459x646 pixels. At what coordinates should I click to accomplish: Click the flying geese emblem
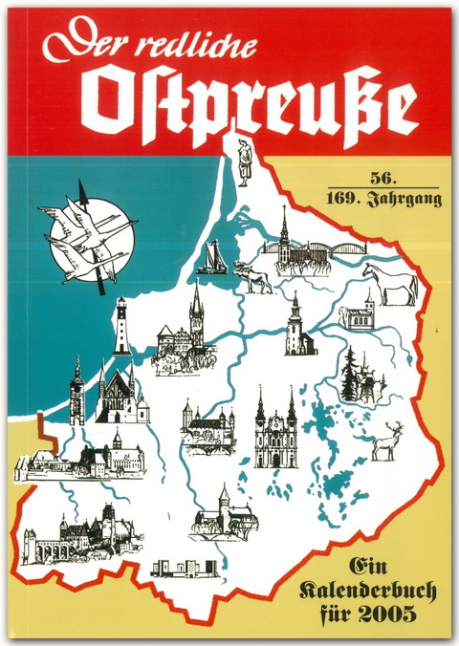87,236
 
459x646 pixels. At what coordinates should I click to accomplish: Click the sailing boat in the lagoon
212,259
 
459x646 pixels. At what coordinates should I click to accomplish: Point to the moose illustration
253,275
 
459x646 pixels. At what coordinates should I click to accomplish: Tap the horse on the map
391,284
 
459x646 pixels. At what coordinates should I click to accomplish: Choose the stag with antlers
387,441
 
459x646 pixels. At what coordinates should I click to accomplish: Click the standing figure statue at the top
244,164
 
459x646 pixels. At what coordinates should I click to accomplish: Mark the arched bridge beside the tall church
330,253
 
